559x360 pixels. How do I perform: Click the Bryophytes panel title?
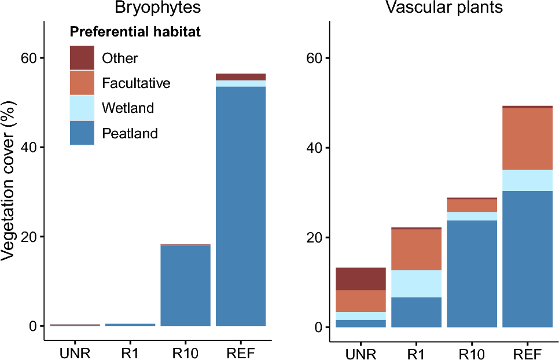pos(157,8)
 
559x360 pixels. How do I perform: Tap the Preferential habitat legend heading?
pos(135,32)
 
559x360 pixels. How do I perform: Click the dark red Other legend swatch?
pos(82,58)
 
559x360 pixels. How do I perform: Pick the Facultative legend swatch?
pos(82,83)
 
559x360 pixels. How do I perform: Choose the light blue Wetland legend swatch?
pos(82,108)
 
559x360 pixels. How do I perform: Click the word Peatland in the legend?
pos(130,134)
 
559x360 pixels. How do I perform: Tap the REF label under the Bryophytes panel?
pos(241,353)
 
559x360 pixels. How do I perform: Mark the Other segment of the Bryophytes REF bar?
pos(241,77)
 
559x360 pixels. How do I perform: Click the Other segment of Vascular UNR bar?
pos(361,279)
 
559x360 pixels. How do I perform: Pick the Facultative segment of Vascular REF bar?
pos(528,139)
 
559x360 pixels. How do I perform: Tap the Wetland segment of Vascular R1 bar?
pos(417,284)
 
